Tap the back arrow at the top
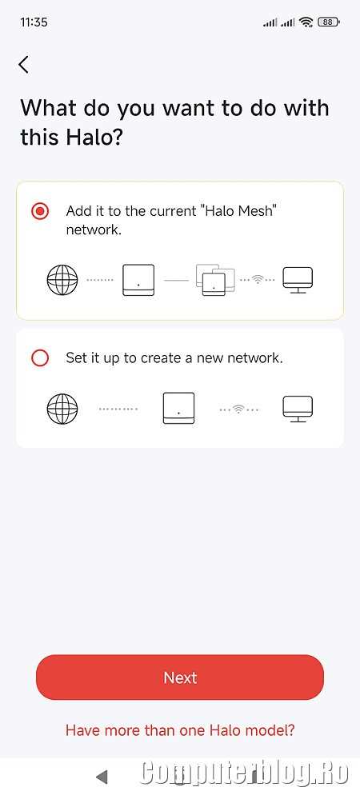tap(23, 64)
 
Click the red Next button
tap(180, 677)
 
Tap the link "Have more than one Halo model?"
tap(180, 730)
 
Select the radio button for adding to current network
tap(40, 211)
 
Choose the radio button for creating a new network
tap(40, 358)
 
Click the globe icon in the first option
tap(62, 280)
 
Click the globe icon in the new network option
tap(62, 409)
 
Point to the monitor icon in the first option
tap(298, 280)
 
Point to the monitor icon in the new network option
tap(298, 409)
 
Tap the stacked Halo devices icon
tap(214, 280)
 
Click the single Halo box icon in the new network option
tap(178, 409)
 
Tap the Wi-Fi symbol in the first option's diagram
tap(258, 280)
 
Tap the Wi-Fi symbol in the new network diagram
tap(238, 409)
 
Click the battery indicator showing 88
tap(329, 22)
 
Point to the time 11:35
tap(34, 22)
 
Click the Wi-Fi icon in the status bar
tap(306, 22)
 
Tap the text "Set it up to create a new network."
tap(174, 358)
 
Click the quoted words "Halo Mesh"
tap(240, 210)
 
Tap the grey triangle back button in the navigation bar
tap(102, 777)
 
